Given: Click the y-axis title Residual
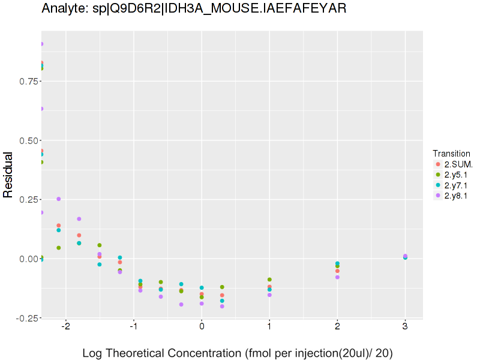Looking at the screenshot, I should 8,175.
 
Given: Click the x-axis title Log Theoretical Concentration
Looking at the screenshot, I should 237,353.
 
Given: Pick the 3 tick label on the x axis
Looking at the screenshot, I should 406,326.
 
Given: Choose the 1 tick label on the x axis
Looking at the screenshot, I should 269,326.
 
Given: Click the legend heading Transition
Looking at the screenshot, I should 451,154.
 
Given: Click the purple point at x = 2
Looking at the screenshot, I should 337,277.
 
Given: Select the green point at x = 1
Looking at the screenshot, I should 269,280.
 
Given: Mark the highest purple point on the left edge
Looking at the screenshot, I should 41,44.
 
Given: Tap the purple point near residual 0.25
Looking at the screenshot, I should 59,199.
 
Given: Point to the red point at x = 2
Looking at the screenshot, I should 337,271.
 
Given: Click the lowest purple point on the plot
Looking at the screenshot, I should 222,307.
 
